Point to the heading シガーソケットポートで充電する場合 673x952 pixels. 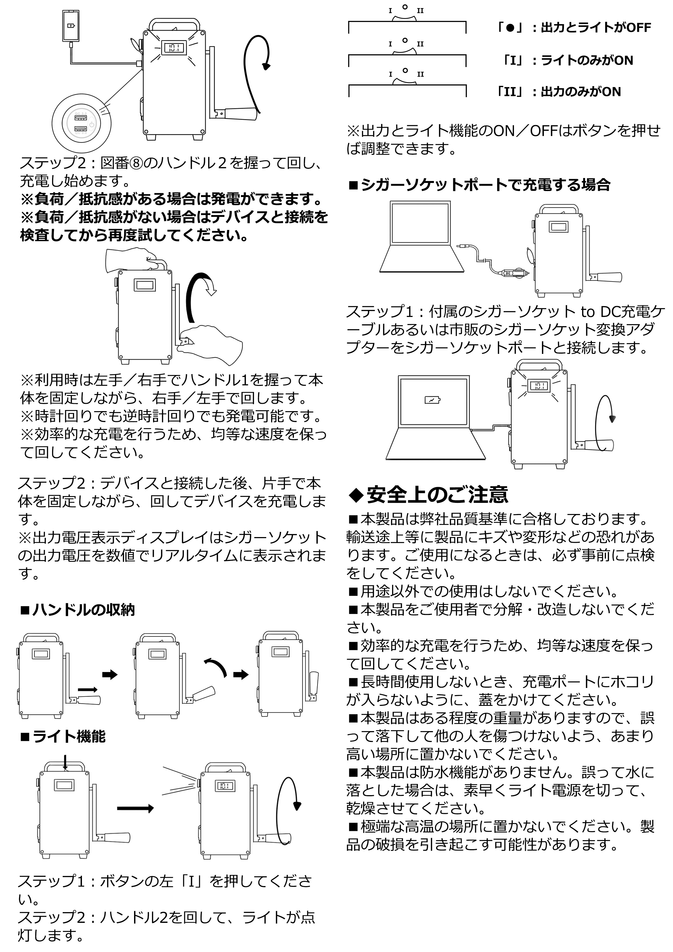pyautogui.click(x=479, y=185)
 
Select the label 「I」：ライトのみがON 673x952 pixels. pyautogui.click(x=567, y=61)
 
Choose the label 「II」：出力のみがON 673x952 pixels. pyautogui.click(x=558, y=92)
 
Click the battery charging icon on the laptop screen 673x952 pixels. pyautogui.click(x=433, y=400)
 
